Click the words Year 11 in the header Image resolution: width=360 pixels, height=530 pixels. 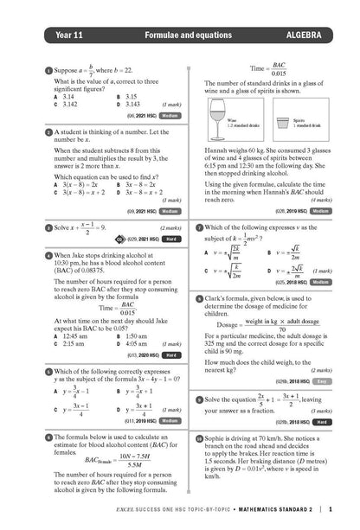point(52,35)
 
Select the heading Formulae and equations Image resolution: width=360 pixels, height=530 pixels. point(180,35)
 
